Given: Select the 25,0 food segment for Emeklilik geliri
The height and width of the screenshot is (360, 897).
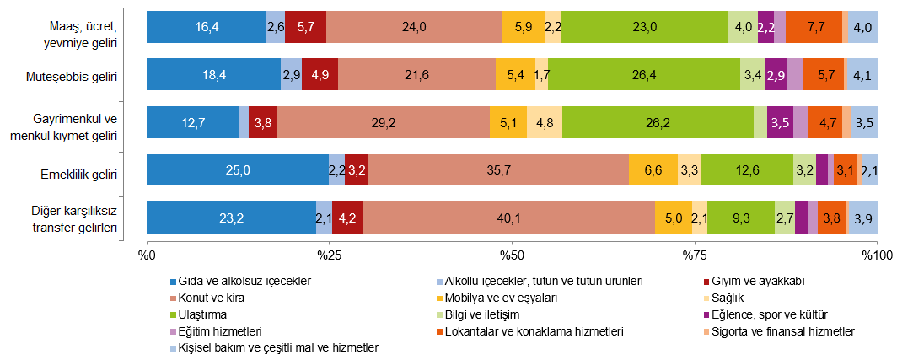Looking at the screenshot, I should [x=237, y=169].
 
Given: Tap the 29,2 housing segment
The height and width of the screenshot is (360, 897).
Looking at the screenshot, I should [x=383, y=122].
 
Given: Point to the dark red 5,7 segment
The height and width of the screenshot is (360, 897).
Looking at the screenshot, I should [x=305, y=27].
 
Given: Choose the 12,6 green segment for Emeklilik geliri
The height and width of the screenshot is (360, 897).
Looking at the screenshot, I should [x=746, y=169].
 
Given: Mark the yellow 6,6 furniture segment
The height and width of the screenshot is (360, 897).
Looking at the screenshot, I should [x=653, y=169].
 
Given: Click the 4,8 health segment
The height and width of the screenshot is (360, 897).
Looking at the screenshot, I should [x=544, y=122].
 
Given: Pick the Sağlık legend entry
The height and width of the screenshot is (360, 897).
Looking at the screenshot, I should [x=728, y=298].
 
